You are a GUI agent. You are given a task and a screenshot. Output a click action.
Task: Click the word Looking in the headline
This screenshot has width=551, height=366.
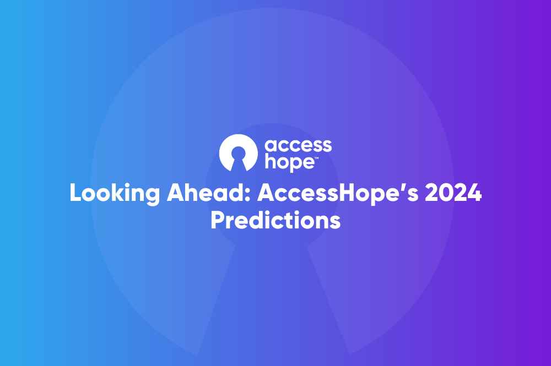[x=115, y=193]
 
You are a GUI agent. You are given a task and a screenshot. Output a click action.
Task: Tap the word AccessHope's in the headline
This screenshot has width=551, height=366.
[x=338, y=193]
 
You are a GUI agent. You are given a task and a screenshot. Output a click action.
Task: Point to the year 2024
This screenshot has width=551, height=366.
[x=453, y=193]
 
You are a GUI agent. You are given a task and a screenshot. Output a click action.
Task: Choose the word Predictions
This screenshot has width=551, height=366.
[x=275, y=220]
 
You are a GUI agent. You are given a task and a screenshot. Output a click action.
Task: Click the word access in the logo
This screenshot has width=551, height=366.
[x=298, y=145]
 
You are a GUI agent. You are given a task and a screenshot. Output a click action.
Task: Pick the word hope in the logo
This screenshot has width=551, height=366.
[x=289, y=162]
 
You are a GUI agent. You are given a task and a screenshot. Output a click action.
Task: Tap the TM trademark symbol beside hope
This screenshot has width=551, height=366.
[x=316, y=159]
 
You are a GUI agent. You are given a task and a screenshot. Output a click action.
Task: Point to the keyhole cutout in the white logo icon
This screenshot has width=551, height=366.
[x=239, y=158]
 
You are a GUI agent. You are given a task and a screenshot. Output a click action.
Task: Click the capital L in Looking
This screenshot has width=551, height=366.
[x=76, y=193]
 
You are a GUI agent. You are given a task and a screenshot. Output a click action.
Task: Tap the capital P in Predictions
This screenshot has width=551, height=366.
[x=218, y=220]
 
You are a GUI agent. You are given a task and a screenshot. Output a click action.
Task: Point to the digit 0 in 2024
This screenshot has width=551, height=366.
[x=445, y=193]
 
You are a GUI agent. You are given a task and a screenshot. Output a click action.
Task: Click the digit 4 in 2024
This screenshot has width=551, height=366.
[x=475, y=193]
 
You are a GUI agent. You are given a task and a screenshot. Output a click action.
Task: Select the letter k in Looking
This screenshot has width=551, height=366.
[x=118, y=193]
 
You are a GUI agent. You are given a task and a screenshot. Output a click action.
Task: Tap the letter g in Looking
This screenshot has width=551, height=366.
[x=153, y=197]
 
